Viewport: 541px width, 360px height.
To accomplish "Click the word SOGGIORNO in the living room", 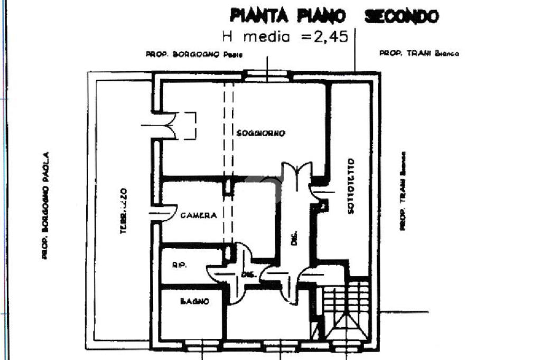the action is [x=260, y=134].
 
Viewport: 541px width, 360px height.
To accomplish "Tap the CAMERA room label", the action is [x=199, y=215].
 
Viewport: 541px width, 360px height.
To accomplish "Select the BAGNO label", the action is [x=194, y=301].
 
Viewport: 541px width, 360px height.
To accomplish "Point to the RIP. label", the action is [x=178, y=266].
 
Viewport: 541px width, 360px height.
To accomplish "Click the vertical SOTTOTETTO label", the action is [x=351, y=186].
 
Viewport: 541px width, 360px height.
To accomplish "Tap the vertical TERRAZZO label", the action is [x=122, y=211].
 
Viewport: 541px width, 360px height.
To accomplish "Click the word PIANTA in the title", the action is [x=258, y=16].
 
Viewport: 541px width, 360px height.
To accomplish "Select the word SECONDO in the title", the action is [x=402, y=16].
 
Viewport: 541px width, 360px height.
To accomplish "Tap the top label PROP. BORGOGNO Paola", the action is [x=194, y=54].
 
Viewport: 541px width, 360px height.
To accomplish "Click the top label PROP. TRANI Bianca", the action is [x=419, y=53].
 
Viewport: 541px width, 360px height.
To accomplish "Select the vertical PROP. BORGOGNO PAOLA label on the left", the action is [x=46, y=205].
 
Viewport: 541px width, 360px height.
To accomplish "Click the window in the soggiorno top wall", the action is [x=267, y=75].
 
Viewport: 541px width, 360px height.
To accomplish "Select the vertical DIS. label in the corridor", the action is [x=295, y=239].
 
